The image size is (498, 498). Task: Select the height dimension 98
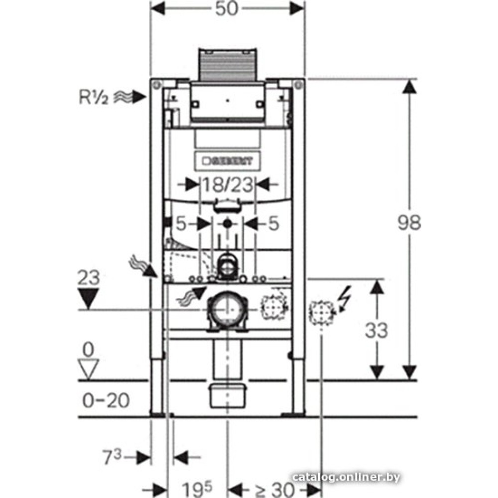click(x=409, y=223)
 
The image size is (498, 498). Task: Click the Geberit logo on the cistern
click(x=228, y=160)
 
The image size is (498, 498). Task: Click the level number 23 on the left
click(x=89, y=278)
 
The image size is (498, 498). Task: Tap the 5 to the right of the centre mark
click(x=273, y=224)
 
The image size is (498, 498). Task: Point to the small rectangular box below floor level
click(x=227, y=394)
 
